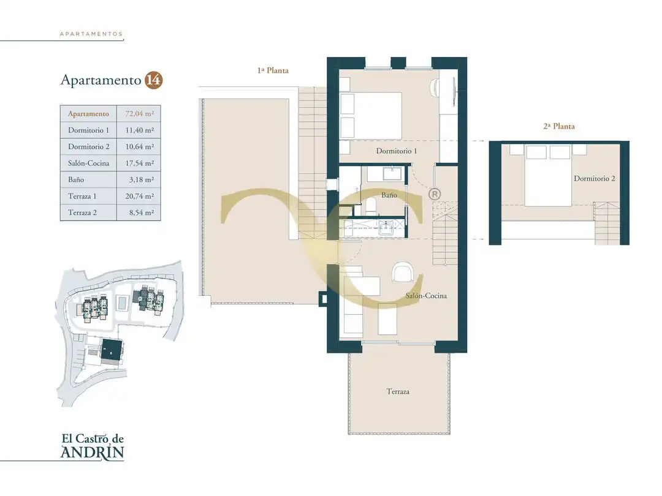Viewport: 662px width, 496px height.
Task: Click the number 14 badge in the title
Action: (154, 80)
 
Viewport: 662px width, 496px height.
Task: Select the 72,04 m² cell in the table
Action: (139, 114)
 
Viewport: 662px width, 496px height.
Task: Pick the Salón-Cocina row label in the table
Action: (89, 163)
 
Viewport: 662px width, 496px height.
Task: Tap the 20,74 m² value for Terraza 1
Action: (139, 196)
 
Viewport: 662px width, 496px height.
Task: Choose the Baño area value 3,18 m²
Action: (142, 179)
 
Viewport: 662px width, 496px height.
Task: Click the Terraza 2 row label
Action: (82, 212)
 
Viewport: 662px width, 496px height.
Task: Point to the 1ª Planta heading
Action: (273, 70)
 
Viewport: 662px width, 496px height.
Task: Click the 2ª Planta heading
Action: (559, 126)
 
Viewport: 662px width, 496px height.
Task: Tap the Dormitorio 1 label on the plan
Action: (397, 151)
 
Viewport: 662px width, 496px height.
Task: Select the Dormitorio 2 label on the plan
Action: (595, 178)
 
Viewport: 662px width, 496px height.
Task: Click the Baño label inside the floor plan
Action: (389, 195)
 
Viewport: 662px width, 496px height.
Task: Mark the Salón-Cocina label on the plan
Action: (426, 296)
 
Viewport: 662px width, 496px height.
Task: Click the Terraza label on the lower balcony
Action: (398, 391)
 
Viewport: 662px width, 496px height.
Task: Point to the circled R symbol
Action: (435, 194)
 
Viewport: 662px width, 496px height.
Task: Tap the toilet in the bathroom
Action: (371, 205)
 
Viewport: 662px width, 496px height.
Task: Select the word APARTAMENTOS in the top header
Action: (91, 34)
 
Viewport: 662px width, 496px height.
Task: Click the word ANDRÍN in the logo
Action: (93, 452)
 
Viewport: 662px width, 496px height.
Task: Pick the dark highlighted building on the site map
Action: (112, 350)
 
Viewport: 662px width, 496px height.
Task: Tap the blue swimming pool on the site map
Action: (123, 303)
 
